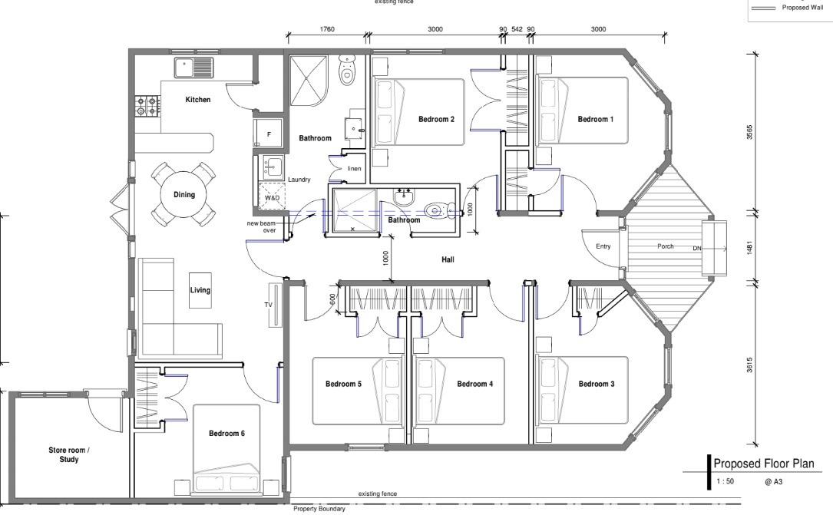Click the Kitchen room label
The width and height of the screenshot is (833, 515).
tap(197, 99)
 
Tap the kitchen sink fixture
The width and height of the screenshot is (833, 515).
tap(193, 68)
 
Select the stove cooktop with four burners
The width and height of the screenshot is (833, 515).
tap(147, 106)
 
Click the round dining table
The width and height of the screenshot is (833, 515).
tap(183, 194)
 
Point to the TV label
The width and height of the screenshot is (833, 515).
tap(268, 305)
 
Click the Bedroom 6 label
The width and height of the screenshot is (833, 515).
tap(226, 433)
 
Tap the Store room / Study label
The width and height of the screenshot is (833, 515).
tap(69, 454)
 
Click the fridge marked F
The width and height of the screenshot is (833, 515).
tap(269, 134)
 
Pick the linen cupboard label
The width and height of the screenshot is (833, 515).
tap(355, 169)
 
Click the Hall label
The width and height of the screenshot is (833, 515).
tap(448, 259)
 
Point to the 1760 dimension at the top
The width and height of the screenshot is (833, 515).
tap(327, 29)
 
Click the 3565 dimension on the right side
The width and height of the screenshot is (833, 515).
tap(749, 132)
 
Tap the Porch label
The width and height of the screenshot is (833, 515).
tap(665, 246)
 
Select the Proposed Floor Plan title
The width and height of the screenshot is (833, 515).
tap(763, 464)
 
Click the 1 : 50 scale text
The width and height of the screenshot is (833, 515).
tap(726, 481)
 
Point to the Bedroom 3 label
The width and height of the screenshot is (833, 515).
tap(597, 384)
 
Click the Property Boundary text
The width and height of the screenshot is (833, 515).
tap(319, 509)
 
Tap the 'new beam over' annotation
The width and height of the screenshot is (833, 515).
tap(261, 226)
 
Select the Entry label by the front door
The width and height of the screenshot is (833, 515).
tap(603, 246)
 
